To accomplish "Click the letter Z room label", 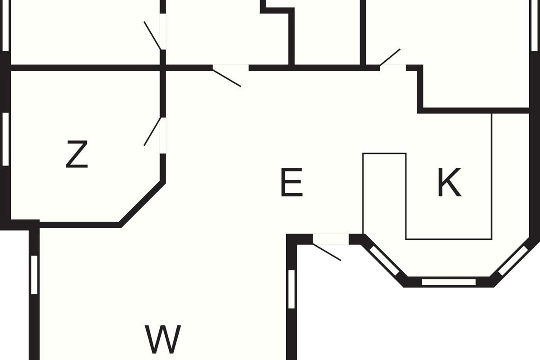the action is [x=77, y=154].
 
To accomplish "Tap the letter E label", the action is [x=292, y=182].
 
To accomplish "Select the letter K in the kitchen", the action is [x=450, y=182].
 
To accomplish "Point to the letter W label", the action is [x=163, y=339].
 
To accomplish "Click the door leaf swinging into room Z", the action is [x=153, y=131].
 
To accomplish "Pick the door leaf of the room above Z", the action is [x=153, y=36].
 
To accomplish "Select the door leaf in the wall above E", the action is [x=227, y=78].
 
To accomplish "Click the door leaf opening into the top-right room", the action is [x=390, y=57].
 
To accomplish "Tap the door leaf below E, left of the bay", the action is [x=327, y=252].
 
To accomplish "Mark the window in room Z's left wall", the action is [x=5, y=139].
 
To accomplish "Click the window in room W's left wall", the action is [x=34, y=275].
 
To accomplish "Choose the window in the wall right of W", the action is [x=292, y=289].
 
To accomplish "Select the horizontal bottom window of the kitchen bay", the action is [x=449, y=282].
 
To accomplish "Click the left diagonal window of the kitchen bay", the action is [x=384, y=261].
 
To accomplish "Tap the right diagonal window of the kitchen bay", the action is [x=513, y=261].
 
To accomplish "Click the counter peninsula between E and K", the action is [x=384, y=193].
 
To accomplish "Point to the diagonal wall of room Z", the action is [x=143, y=204].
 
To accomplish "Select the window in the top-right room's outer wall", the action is [x=535, y=26].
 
